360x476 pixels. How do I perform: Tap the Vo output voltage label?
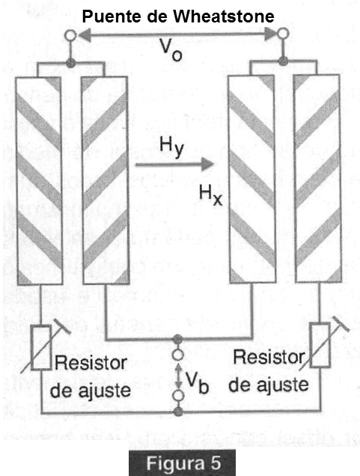pos(171,50)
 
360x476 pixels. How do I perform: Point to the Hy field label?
pos(172,147)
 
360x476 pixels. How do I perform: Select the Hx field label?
pos(210,195)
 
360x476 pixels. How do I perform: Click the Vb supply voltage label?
pos(198,382)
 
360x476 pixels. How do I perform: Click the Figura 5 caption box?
pos(182,463)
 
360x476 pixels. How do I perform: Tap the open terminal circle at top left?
pos(70,35)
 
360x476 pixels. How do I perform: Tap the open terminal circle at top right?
pos(283,34)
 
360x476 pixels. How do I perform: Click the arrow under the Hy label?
pos(174,164)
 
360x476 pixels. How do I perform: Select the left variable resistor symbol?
pos(42,347)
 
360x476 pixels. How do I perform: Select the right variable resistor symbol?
pos(321,344)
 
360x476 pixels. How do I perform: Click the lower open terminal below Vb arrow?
pos(178,396)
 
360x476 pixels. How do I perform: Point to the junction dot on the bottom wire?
pos(178,412)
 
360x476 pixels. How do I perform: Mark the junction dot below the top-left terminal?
pos(70,63)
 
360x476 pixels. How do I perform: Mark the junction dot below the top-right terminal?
pos(283,61)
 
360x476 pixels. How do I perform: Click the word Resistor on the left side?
pos(91,363)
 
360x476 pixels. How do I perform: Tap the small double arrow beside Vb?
pos(178,376)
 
